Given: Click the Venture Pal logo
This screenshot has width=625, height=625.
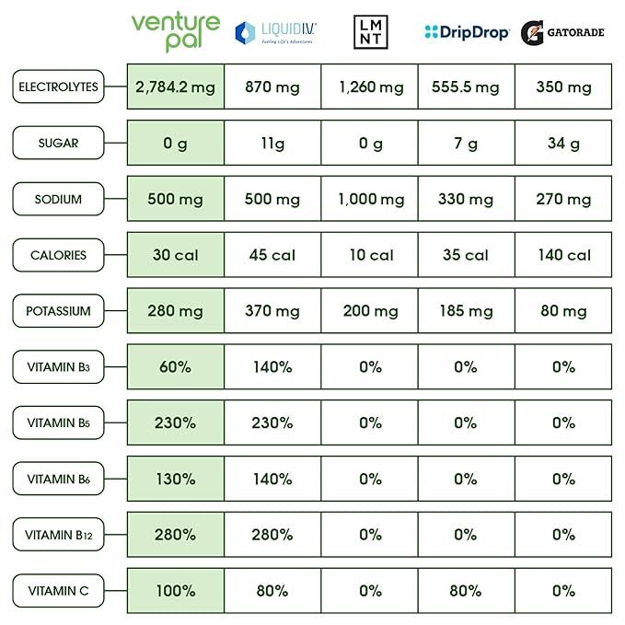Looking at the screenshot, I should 175,32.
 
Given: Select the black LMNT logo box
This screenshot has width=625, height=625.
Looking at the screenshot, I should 371,32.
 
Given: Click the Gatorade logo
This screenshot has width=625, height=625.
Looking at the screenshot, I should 562,33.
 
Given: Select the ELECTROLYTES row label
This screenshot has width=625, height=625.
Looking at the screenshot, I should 58,87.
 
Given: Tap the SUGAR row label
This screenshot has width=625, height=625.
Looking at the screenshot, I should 58,144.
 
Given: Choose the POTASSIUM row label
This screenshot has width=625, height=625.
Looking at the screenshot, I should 58,311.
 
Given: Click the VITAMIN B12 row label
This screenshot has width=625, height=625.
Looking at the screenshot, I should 58,535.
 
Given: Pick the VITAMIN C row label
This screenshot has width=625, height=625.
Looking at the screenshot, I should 58,591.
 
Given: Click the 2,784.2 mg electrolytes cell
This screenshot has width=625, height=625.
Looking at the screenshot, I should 175,87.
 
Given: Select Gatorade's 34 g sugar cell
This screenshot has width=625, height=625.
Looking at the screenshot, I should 563,144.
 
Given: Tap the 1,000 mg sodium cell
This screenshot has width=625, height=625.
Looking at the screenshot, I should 371,200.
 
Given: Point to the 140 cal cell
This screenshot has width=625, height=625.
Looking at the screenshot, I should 563,255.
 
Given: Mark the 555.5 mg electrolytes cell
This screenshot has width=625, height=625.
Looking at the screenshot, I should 466,87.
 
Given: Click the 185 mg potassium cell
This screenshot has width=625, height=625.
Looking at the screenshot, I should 466,311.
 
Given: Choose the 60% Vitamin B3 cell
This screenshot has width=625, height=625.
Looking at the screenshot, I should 175,367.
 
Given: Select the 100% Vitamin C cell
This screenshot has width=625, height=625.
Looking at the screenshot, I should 175,591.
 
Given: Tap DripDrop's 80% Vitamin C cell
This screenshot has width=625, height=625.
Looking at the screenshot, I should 466,591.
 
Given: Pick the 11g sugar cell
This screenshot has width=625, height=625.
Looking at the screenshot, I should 272,144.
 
